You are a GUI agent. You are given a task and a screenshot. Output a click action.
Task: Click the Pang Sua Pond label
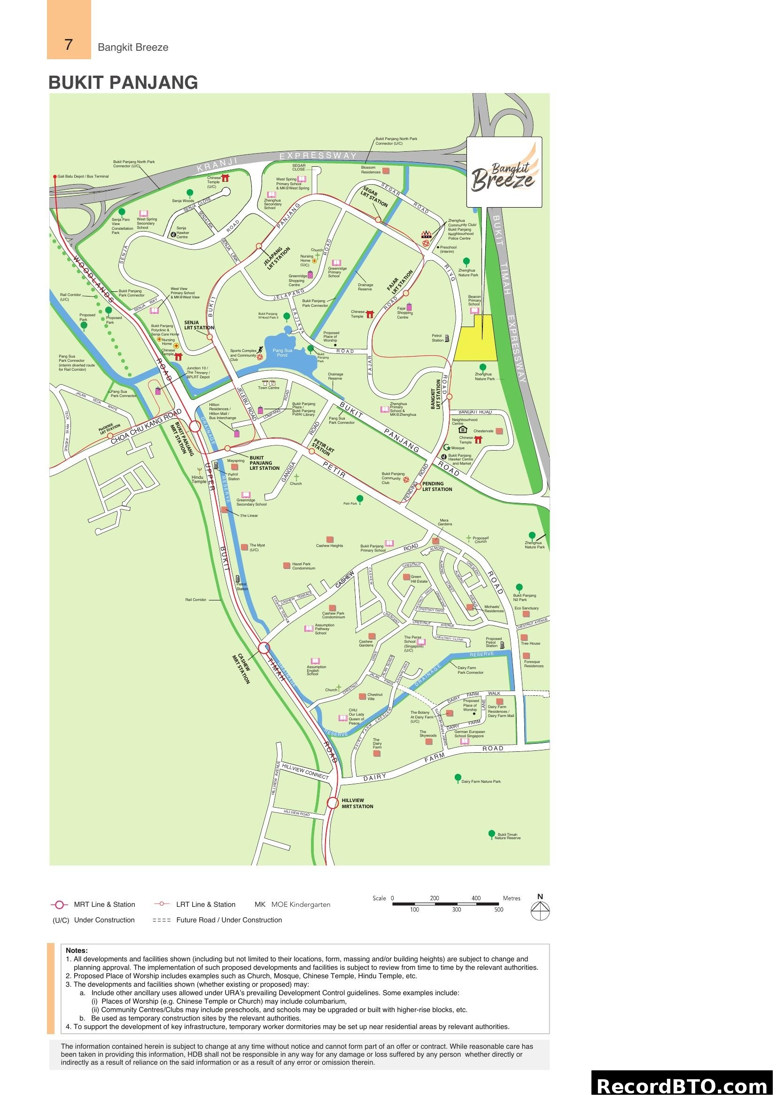pos(282,353)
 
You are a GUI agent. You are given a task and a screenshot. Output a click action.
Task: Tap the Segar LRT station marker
pos(378,220)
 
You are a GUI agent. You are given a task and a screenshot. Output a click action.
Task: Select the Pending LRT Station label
pos(437,486)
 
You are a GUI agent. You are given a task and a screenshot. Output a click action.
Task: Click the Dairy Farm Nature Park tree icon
pos(458,777)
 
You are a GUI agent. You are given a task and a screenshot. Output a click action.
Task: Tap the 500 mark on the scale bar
pos(498,910)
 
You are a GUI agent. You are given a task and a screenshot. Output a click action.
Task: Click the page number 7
pos(69,45)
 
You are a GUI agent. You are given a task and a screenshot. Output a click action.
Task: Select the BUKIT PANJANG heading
pos(123,82)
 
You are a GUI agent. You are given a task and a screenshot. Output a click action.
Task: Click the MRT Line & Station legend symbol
pos(59,904)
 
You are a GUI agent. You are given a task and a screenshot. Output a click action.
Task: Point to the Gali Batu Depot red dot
pos(55,177)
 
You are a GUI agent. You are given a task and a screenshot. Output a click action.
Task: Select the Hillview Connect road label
pos(305,771)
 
